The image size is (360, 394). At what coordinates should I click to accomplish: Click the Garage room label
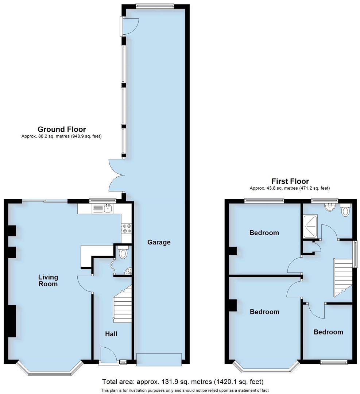pos(159,242)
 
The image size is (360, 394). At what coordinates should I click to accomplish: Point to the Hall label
pos(111,333)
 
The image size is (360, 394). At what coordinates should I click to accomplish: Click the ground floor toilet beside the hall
pos(123,252)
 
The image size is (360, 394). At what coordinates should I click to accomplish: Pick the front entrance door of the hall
pos(109,356)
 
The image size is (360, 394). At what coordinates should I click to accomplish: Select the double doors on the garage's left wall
pos(116,175)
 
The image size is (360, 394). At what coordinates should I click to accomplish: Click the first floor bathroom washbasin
pos(330,208)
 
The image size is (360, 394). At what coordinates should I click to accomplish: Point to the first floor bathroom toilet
pos(345,210)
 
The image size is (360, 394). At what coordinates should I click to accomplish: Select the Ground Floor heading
pos(62,129)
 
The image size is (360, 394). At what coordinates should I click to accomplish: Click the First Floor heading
pos(290,181)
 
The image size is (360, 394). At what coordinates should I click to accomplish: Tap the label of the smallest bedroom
pos(328,332)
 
